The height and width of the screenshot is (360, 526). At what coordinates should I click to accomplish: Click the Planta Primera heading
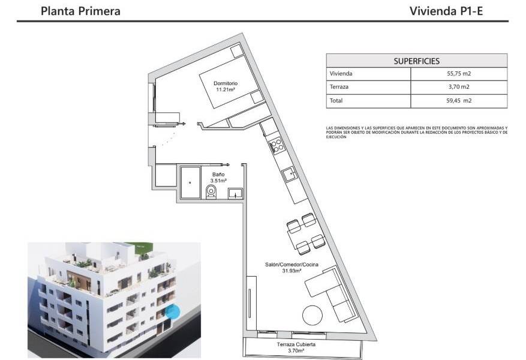(80, 11)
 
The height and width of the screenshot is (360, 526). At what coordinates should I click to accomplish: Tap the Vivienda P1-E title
(446, 11)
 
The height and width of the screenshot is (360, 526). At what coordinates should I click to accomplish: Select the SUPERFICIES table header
(416, 61)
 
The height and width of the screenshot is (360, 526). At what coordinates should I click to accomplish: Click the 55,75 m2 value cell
(459, 74)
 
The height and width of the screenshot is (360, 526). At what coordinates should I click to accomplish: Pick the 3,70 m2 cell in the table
(459, 88)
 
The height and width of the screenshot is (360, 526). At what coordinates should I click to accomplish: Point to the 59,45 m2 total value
(459, 101)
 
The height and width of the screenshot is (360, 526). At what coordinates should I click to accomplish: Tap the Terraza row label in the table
(339, 88)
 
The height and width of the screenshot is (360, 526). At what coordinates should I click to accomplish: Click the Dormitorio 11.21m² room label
(226, 86)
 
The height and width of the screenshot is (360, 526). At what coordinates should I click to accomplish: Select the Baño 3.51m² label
(218, 177)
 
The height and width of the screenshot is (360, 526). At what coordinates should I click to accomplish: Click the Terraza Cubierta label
(296, 348)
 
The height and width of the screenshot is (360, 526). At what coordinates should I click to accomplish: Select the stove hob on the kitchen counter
(277, 145)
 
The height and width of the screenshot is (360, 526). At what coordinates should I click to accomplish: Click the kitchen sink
(290, 174)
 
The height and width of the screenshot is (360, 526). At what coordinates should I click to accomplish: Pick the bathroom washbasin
(235, 193)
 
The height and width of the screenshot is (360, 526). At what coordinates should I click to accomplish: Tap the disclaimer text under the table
(416, 132)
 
